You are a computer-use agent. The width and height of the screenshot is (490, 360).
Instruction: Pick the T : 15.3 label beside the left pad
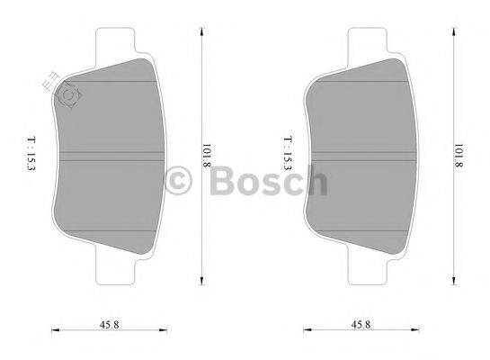[32, 151]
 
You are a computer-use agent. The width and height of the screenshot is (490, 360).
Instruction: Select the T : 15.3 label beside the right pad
[287, 151]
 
